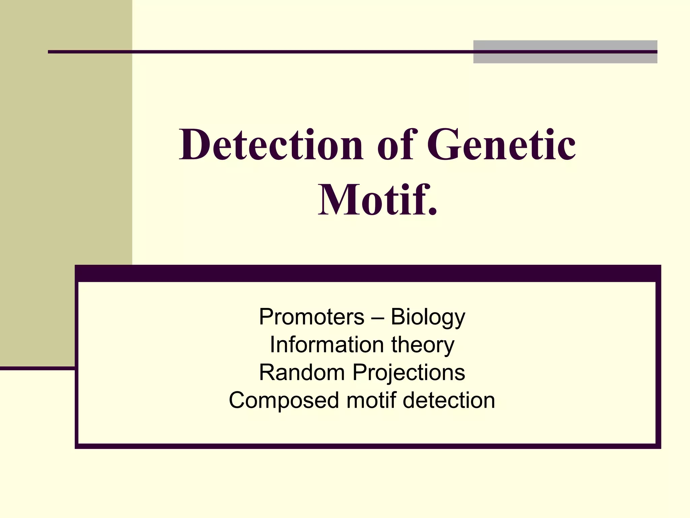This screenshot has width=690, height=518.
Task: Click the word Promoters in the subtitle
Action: tap(312, 317)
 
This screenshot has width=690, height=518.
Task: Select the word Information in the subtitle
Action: tap(326, 345)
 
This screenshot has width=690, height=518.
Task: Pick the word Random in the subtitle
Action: tap(302, 373)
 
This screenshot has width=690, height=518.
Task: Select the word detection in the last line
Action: tap(449, 400)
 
